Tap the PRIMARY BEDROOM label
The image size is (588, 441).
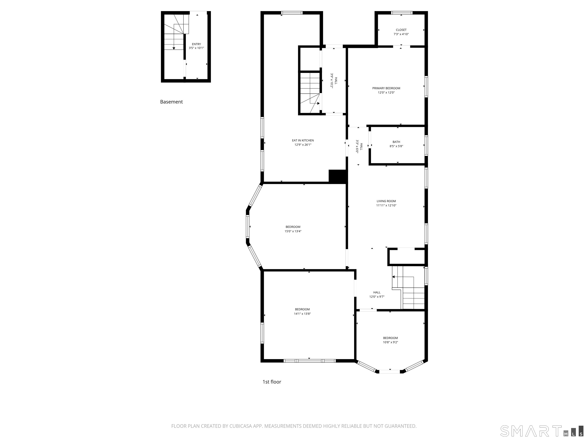(x=386, y=88)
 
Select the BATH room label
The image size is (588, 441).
(x=396, y=142)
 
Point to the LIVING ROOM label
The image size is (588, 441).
(x=386, y=201)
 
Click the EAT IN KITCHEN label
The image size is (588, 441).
(x=303, y=140)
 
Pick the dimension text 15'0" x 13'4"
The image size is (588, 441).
(x=293, y=231)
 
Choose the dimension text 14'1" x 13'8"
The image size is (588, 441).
(x=302, y=314)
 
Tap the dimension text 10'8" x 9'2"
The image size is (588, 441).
(x=390, y=342)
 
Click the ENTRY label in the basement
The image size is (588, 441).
(x=196, y=44)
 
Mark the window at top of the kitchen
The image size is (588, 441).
(x=292, y=13)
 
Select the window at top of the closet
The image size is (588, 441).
(x=401, y=13)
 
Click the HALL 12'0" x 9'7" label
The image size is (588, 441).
(x=377, y=295)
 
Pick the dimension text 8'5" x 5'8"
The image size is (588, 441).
(x=396, y=146)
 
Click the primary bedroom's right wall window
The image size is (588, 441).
(x=426, y=87)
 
